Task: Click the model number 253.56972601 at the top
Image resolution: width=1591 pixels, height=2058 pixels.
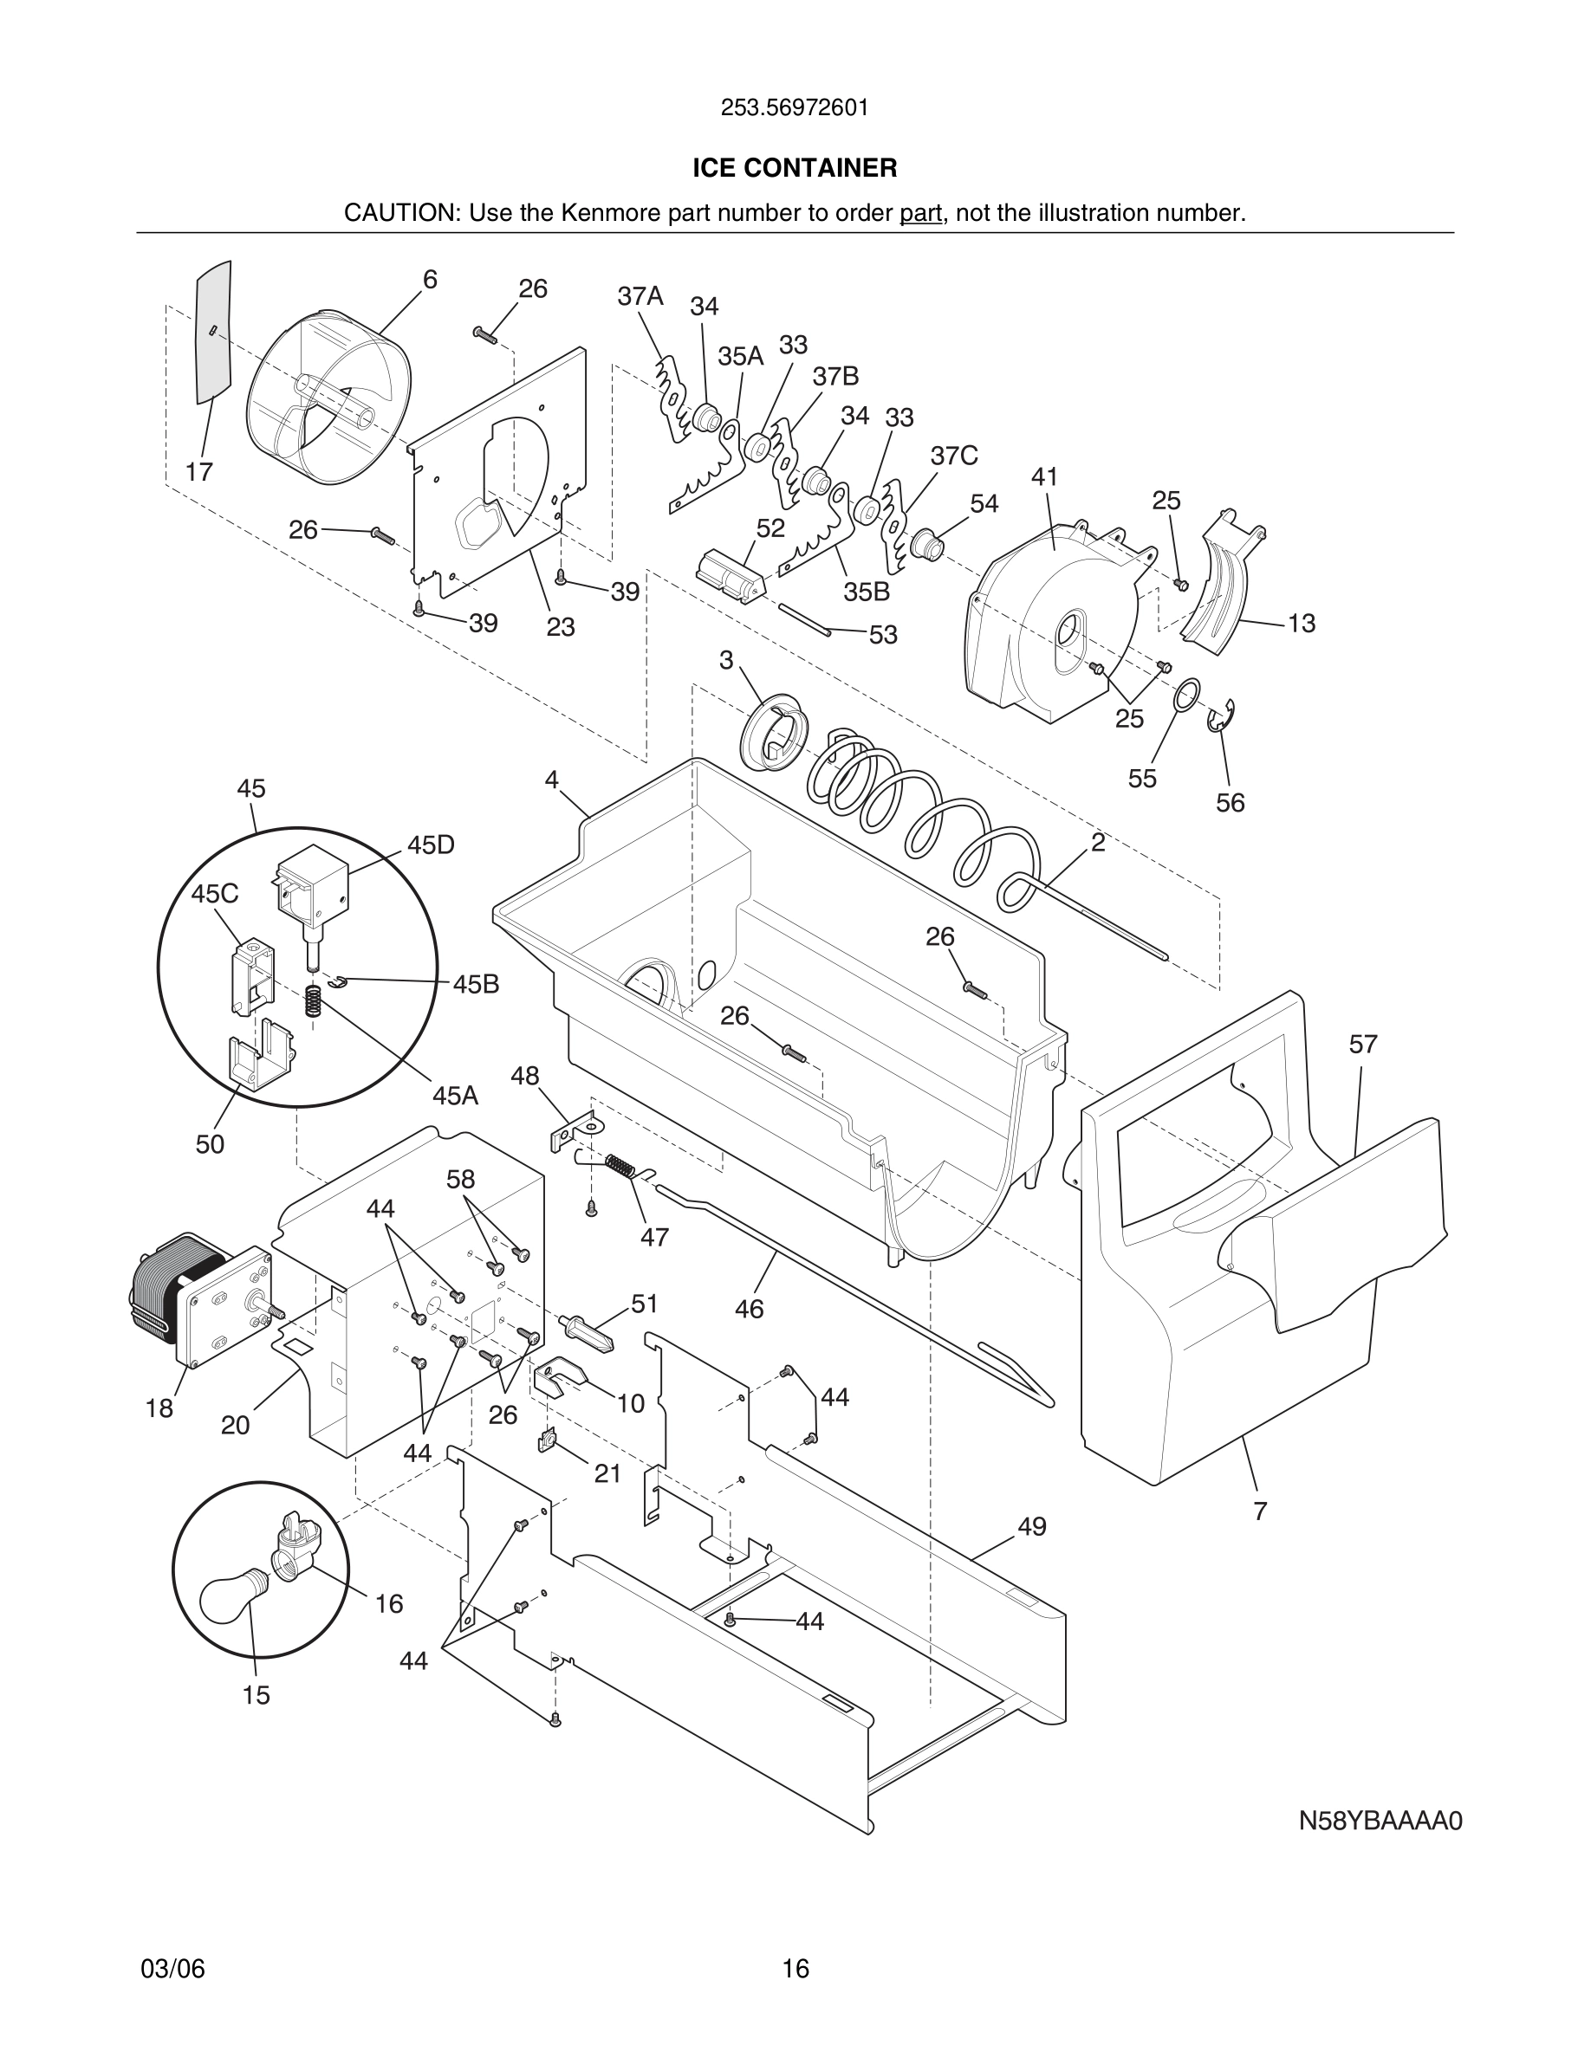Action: pos(795,108)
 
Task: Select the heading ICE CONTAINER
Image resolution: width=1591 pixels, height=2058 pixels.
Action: pos(795,168)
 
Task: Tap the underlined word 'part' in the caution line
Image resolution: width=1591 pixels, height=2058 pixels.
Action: pos(921,214)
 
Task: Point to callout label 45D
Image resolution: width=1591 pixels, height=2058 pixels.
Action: pos(431,845)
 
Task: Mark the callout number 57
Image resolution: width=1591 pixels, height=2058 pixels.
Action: pos(1362,1044)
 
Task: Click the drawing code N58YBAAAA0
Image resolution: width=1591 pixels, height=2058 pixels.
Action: pos(1380,1847)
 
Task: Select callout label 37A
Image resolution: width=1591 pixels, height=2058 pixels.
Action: pos(640,297)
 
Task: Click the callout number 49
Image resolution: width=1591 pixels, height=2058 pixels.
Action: pos(1032,1526)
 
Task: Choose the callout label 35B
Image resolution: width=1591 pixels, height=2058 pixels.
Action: pos(867,592)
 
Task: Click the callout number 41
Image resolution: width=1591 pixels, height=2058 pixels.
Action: pos(1044,476)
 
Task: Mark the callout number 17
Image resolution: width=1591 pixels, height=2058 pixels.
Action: pos(199,472)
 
